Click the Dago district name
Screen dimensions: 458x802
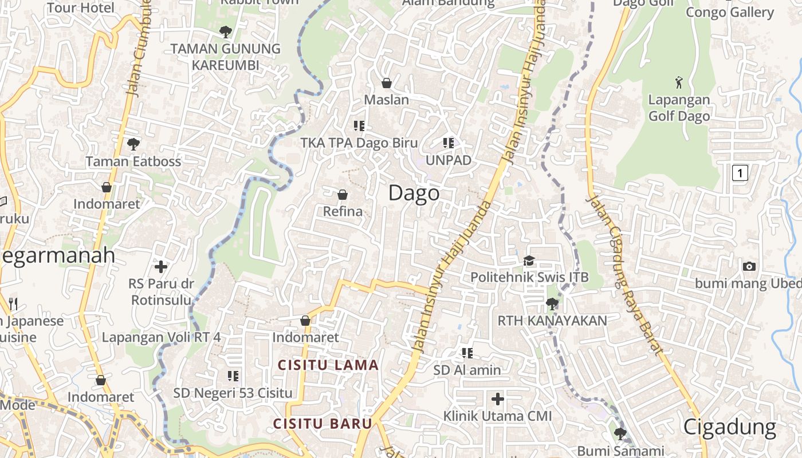tap(414, 194)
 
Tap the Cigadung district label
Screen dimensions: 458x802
tap(730, 427)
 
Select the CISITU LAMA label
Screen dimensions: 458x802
tap(328, 365)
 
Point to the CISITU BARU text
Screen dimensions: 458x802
tap(323, 424)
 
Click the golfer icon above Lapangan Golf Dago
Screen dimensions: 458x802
tap(679, 82)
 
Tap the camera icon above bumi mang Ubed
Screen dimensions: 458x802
tap(749, 266)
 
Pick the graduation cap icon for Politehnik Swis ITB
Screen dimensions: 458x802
tap(529, 260)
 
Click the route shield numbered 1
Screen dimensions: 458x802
tap(740, 172)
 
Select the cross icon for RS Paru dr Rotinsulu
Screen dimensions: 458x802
tap(161, 266)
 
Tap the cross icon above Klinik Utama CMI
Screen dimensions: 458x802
tap(497, 398)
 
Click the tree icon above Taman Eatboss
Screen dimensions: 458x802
tap(133, 144)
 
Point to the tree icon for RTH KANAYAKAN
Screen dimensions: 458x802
tap(552, 303)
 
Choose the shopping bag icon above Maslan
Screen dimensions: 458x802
tap(387, 83)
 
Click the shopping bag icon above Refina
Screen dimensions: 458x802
tap(343, 195)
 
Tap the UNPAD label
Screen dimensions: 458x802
tap(448, 160)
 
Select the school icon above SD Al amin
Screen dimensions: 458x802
tap(467, 353)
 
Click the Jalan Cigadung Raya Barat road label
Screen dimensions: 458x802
tap(626, 275)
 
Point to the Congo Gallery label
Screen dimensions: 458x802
tap(730, 12)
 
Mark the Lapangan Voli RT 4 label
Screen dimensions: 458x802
tap(161, 337)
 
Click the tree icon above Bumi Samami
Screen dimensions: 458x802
tap(620, 433)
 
